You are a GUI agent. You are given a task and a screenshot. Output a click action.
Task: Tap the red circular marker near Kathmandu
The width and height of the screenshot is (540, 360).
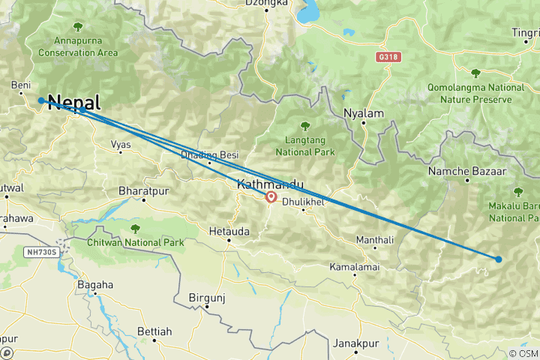[270, 199]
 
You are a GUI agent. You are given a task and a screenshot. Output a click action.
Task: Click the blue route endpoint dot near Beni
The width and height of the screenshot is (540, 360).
[40, 100]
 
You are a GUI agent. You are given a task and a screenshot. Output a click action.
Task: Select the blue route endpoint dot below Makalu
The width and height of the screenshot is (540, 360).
[498, 259]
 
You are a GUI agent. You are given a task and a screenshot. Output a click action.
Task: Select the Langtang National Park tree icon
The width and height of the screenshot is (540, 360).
[304, 126]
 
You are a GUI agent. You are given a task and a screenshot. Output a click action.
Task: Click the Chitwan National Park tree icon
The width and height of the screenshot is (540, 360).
[135, 229]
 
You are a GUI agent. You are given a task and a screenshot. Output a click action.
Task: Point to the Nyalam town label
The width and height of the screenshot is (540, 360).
[363, 113]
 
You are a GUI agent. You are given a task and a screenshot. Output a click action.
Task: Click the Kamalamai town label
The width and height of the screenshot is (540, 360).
[354, 267]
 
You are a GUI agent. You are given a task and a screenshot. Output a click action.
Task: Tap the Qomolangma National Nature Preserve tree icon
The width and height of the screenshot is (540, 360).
[475, 73]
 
